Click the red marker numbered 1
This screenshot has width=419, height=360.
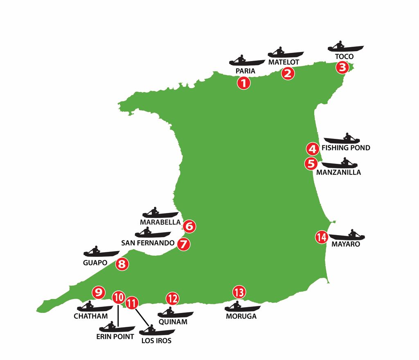click(243, 83)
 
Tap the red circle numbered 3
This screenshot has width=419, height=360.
click(342, 67)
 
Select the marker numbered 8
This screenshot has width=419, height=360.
click(122, 264)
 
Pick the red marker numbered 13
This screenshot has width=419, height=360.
click(239, 292)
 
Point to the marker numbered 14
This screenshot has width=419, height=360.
click(322, 237)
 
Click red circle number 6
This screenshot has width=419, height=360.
click(189, 226)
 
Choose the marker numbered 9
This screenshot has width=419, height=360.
click(98, 292)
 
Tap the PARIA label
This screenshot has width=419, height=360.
click(246, 71)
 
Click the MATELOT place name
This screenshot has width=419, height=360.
click(284, 62)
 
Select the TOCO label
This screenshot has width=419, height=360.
click(344, 57)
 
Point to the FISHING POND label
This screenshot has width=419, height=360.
click(346, 148)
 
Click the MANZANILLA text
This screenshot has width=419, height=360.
click(338, 172)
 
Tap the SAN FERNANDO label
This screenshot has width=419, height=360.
click(148, 243)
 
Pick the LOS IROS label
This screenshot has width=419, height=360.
click(156, 340)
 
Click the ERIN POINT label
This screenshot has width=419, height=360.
click(116, 337)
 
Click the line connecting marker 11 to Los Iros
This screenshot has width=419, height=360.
click(142, 317)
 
